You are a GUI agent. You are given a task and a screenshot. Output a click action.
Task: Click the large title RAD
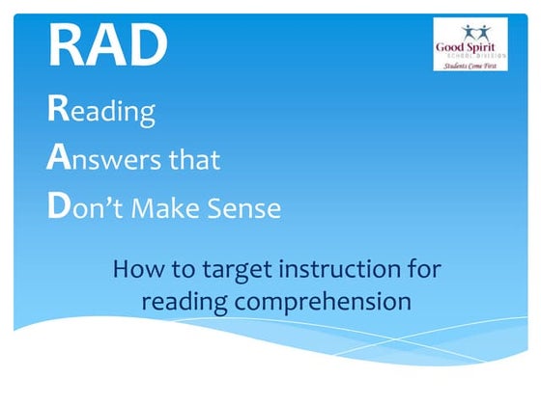pyautogui.click(x=107, y=42)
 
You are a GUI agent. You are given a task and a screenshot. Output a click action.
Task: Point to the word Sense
pyautogui.click(x=248, y=208)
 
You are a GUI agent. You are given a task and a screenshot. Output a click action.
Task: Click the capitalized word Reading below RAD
pyautogui.click(x=100, y=111)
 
